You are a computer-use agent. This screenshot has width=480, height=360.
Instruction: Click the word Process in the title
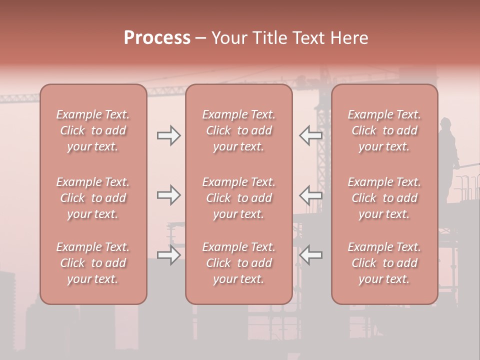(x=157, y=38)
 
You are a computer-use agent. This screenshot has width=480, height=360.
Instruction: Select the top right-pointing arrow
(x=168, y=135)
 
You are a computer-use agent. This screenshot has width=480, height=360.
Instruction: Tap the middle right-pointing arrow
(x=168, y=195)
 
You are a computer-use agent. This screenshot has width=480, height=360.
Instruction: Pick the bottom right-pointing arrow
(x=168, y=255)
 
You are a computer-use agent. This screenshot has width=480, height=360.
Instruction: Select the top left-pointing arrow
(x=310, y=135)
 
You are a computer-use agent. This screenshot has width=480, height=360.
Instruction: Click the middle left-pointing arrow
(x=310, y=195)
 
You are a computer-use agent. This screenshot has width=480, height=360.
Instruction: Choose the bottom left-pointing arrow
(x=310, y=255)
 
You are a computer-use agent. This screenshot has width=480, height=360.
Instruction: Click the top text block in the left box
(x=93, y=130)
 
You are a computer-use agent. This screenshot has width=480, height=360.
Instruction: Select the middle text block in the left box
(x=93, y=198)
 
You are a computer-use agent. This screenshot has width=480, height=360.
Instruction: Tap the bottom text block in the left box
(x=93, y=263)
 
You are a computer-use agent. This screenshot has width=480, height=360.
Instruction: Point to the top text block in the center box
(x=239, y=130)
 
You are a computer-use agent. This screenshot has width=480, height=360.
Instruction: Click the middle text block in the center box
(x=239, y=198)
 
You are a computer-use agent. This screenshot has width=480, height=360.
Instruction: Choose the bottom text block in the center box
(x=239, y=263)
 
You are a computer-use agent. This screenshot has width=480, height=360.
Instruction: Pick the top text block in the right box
(x=384, y=130)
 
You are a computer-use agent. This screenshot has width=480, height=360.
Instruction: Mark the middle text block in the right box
(x=384, y=198)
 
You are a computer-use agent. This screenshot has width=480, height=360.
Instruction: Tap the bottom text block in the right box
(x=384, y=263)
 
